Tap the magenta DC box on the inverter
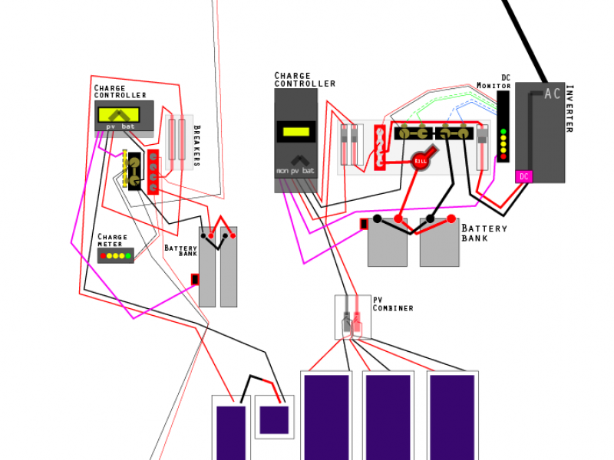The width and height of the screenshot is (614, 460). (524, 176)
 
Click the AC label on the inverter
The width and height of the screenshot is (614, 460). (553, 94)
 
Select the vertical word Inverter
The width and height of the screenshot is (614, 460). (569, 108)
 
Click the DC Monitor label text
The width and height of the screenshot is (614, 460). (495, 81)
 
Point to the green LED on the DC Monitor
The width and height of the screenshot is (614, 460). (503, 132)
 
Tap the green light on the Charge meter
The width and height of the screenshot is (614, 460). (127, 255)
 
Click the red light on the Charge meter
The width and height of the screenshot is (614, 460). (103, 255)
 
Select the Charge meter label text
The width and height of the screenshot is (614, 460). (112, 241)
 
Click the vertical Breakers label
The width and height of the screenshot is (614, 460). (196, 145)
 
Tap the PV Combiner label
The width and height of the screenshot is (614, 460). (392, 304)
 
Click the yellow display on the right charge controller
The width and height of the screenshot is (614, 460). (295, 131)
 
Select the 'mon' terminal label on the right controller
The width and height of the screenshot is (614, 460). (282, 170)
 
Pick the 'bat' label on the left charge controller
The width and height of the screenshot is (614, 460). (130, 126)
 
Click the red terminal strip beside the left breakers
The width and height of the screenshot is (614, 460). (153, 172)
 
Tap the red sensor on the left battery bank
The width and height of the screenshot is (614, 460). (195, 279)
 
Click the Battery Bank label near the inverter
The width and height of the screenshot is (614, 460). (484, 233)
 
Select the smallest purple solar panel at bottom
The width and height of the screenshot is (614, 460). (274, 419)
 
